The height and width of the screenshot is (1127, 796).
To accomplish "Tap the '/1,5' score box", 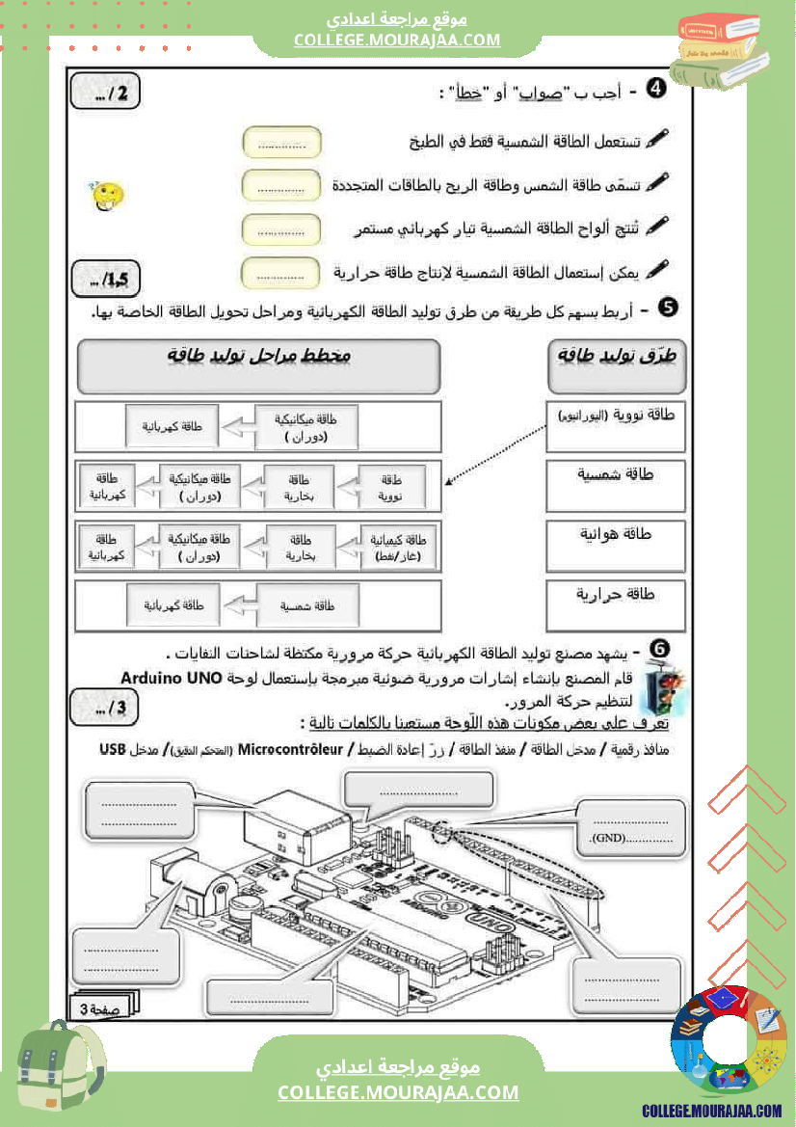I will [107, 280].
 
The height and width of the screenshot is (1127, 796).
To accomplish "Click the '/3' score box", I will [105, 709].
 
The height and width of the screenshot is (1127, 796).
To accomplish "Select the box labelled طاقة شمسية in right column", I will [615, 486].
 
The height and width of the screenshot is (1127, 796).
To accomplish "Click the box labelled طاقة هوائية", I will [615, 546].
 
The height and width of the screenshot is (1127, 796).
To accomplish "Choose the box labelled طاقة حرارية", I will [615, 604].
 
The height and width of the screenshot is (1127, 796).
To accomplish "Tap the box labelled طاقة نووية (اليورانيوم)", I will [615, 426].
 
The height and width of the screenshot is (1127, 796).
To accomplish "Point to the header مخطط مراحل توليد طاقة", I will [258, 366].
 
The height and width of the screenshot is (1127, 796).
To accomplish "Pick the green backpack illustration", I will [60, 1070].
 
